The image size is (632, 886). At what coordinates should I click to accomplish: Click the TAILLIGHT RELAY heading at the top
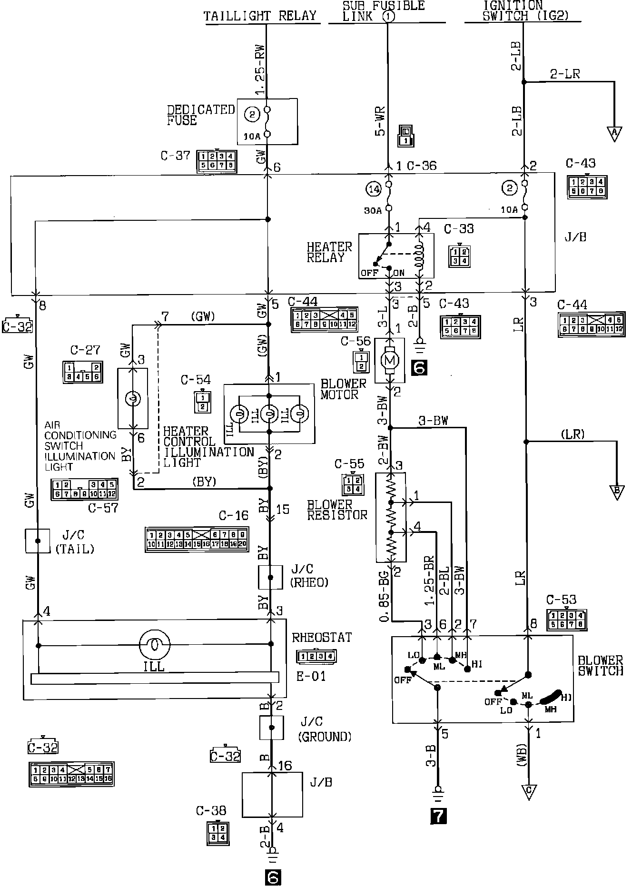coord(260,16)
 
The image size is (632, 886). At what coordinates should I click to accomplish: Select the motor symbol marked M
coord(390,360)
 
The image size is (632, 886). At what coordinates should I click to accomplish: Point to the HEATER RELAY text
coord(329,252)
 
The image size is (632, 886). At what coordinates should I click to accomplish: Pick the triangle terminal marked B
coord(617,492)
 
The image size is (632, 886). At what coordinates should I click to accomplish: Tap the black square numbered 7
coord(438,816)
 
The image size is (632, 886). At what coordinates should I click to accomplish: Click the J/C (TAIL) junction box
coord(38,541)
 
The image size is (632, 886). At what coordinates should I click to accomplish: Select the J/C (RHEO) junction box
coord(271,577)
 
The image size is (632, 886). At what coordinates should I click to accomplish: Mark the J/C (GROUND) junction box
coord(272,728)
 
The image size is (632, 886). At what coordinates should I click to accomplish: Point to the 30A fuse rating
coord(374,210)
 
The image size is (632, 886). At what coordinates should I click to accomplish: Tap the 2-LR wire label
coord(565,74)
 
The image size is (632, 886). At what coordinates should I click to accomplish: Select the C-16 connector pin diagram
coord(196,539)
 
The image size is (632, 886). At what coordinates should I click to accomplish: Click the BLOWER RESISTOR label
coord(337,509)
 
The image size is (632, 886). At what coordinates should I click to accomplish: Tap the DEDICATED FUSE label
coord(200,115)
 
